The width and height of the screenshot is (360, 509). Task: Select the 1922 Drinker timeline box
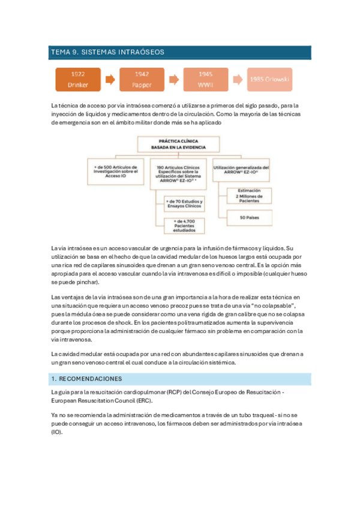(78, 79)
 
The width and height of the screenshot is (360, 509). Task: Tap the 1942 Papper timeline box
(142, 79)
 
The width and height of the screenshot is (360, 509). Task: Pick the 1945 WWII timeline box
(206, 79)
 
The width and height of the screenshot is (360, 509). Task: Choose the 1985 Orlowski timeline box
(269, 79)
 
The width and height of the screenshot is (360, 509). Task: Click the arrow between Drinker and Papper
(110, 79)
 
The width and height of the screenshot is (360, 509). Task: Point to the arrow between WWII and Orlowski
(238, 79)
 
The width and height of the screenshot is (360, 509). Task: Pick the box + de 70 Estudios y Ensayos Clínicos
(184, 203)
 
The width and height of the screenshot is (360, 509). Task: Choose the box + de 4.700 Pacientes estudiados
(184, 225)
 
